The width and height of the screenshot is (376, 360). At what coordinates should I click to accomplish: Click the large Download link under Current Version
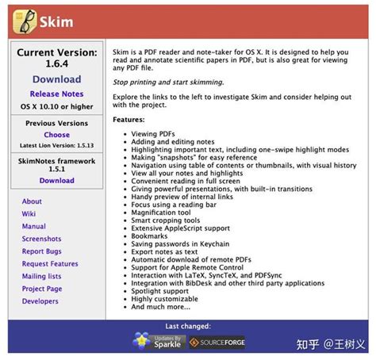(56, 79)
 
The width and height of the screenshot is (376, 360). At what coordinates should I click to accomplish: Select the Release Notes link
(56, 94)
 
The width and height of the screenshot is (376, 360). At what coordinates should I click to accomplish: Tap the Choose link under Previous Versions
(56, 135)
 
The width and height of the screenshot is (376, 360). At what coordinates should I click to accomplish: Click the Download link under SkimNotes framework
(56, 180)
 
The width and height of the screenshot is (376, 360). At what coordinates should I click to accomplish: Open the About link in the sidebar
(32, 201)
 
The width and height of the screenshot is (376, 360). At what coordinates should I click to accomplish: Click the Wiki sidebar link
(29, 214)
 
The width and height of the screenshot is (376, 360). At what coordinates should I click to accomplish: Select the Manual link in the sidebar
(33, 226)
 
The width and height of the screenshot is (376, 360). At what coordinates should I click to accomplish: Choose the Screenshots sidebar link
(41, 239)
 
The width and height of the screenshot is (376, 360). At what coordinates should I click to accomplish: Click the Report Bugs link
(41, 251)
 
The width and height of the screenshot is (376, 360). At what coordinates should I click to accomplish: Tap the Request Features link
(50, 264)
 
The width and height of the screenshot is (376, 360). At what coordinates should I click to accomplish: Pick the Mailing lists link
(43, 277)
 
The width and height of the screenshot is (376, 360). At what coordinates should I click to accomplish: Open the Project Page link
(42, 289)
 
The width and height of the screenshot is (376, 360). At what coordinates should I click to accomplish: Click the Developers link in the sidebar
(40, 301)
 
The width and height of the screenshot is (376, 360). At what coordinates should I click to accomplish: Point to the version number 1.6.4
(56, 65)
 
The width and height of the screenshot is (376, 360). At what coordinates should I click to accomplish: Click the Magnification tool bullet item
(161, 213)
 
